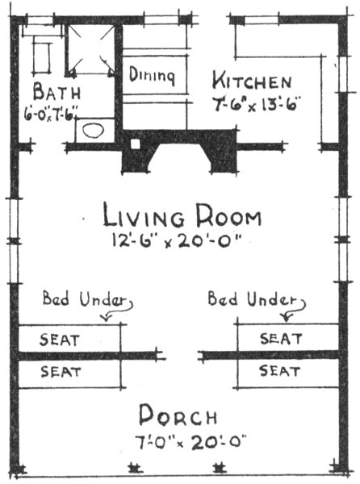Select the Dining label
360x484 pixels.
(152, 76)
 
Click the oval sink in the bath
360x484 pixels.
(95, 130)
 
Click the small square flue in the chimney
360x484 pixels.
(136, 145)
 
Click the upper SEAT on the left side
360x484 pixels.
(60, 339)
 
